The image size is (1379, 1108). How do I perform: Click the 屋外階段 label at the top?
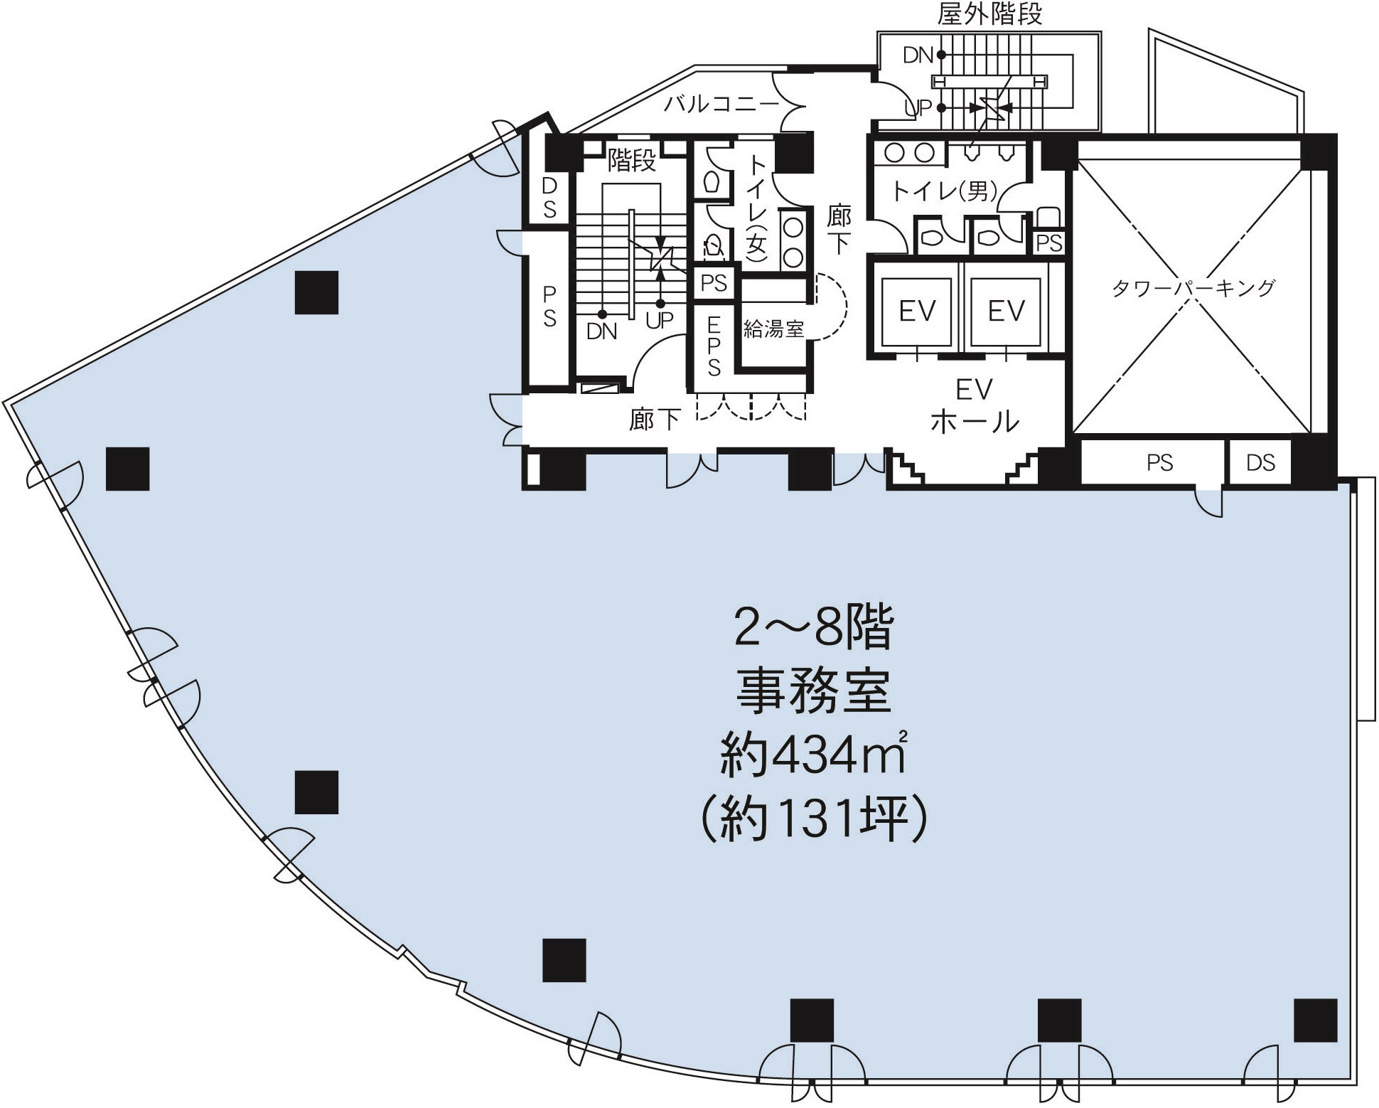pyautogui.click(x=989, y=14)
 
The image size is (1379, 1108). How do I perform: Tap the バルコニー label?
pyautogui.click(x=721, y=105)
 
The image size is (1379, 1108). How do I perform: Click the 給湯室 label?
pyautogui.click(x=773, y=329)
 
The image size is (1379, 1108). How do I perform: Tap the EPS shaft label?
pyautogui.click(x=714, y=347)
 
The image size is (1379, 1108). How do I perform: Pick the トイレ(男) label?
pyautogui.click(x=945, y=191)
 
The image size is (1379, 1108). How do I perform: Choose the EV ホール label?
pyautogui.click(x=975, y=406)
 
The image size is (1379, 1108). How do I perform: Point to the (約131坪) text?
pyautogui.click(x=815, y=819)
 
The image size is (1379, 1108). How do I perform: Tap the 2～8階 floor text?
pyautogui.click(x=813, y=627)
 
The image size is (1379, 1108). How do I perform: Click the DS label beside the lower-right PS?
pyautogui.click(x=1260, y=463)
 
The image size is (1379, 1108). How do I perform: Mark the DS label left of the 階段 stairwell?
pyautogui.click(x=549, y=198)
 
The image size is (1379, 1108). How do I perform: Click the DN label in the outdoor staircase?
pyautogui.click(x=917, y=55)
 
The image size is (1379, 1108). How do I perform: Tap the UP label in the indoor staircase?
pyautogui.click(x=660, y=321)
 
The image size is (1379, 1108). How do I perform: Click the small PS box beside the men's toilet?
pyautogui.click(x=1048, y=243)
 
